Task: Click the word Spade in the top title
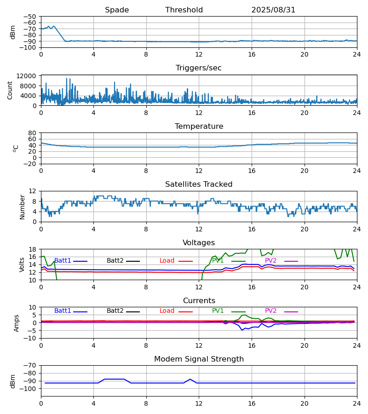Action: pos(117,10)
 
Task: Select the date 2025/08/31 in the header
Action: pos(273,10)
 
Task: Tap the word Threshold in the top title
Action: pos(184,10)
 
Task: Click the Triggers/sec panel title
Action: pos(199,68)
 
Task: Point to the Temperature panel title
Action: pos(199,126)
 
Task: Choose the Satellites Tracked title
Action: pos(199,184)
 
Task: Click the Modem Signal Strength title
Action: pos(199,359)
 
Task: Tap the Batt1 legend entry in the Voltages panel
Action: pos(63,261)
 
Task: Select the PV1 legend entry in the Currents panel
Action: pos(218,311)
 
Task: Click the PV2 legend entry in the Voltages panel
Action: pos(270,261)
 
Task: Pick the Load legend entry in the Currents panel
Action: pos(167,311)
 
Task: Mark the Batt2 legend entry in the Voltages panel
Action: pos(115,261)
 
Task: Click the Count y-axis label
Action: pos(11,91)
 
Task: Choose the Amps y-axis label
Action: pos(17,323)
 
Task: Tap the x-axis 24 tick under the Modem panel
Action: pos(357,403)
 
